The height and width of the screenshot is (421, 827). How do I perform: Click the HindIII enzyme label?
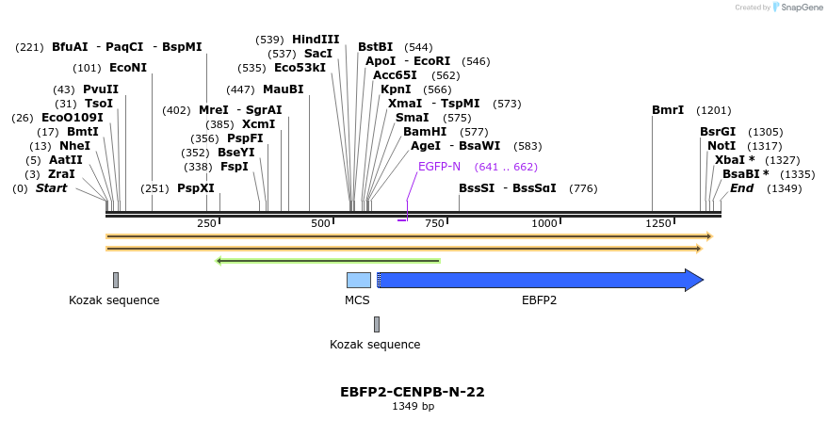click(316, 40)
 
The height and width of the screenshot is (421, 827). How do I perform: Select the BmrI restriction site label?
click(668, 110)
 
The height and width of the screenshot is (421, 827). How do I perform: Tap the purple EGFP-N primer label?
click(439, 167)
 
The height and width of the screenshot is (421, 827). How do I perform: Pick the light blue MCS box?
click(359, 280)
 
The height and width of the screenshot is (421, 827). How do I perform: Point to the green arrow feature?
click(328, 261)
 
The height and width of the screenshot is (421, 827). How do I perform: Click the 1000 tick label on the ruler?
click(544, 223)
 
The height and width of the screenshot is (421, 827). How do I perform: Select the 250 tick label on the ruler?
click(206, 223)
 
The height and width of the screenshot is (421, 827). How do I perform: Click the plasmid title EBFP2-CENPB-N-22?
click(413, 392)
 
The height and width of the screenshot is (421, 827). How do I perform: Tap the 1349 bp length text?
click(413, 407)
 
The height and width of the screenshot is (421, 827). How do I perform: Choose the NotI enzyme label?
click(722, 146)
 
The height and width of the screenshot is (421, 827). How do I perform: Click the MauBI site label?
click(284, 89)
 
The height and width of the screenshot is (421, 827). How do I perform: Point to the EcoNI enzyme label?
click(128, 68)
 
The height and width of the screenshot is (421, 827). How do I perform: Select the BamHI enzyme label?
click(425, 132)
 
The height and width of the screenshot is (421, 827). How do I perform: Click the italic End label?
click(741, 188)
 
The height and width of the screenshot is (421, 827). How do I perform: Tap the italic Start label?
click(51, 188)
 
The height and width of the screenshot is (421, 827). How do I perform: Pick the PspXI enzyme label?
click(196, 188)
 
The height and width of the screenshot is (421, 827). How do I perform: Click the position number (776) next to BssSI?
click(583, 188)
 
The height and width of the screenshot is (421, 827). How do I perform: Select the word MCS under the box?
click(357, 300)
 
